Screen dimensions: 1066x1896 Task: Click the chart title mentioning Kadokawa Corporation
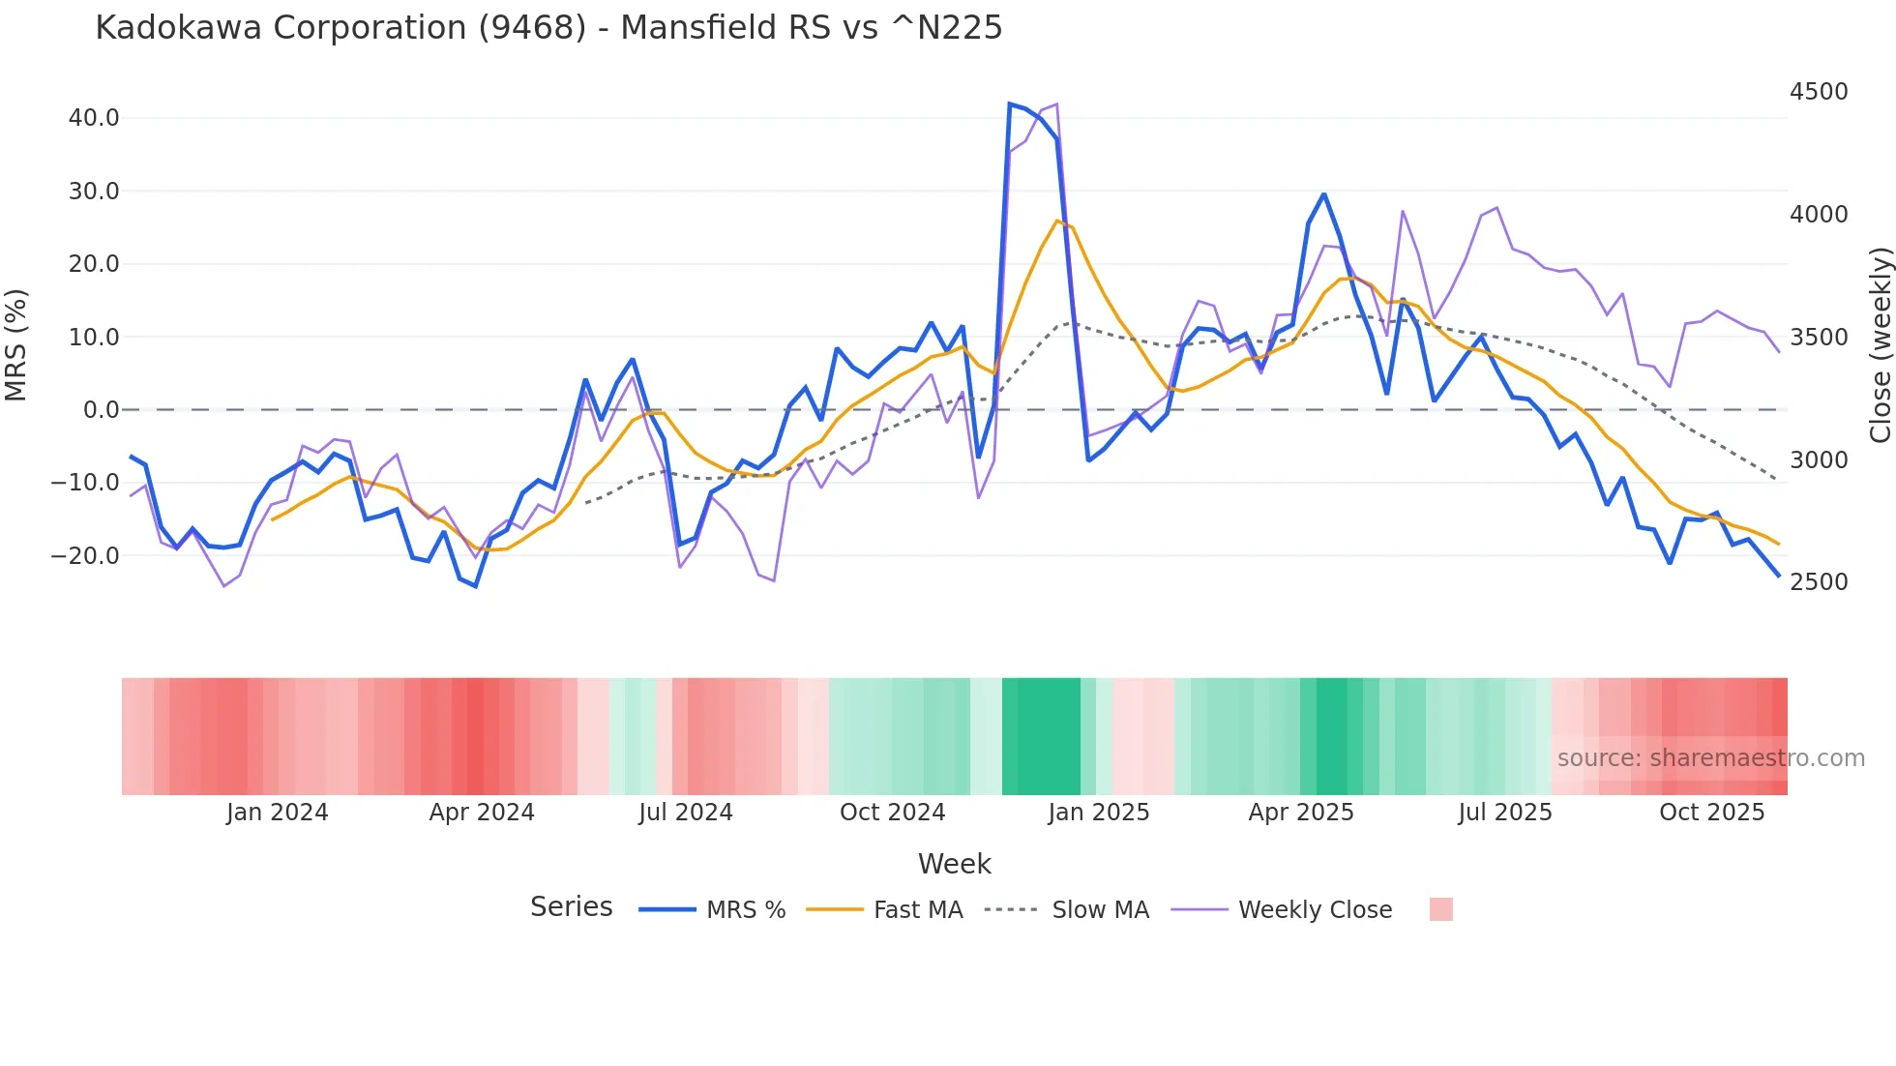[x=548, y=28]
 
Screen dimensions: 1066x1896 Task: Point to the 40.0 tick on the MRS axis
[x=94, y=118]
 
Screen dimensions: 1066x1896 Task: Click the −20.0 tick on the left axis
[x=85, y=556]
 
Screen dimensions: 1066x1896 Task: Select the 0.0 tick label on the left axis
[x=102, y=410]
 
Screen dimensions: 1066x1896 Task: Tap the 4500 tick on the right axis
[x=1819, y=92]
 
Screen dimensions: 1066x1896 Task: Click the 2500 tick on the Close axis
[x=1819, y=582]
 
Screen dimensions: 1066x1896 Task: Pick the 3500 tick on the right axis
[x=1819, y=338]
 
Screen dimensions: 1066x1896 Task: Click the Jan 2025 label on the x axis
[x=1098, y=813]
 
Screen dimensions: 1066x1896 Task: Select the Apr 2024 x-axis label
[x=482, y=813]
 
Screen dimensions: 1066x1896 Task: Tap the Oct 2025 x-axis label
[x=1711, y=813]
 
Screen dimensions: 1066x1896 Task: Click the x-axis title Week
[x=954, y=864]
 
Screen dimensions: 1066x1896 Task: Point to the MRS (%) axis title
[x=16, y=345]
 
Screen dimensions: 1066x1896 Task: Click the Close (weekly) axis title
[x=1880, y=345]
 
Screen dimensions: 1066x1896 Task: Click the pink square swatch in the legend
[x=1440, y=909]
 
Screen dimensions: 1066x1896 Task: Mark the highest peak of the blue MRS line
[x=1010, y=104]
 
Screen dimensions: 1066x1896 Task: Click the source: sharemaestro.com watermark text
[x=1710, y=758]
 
